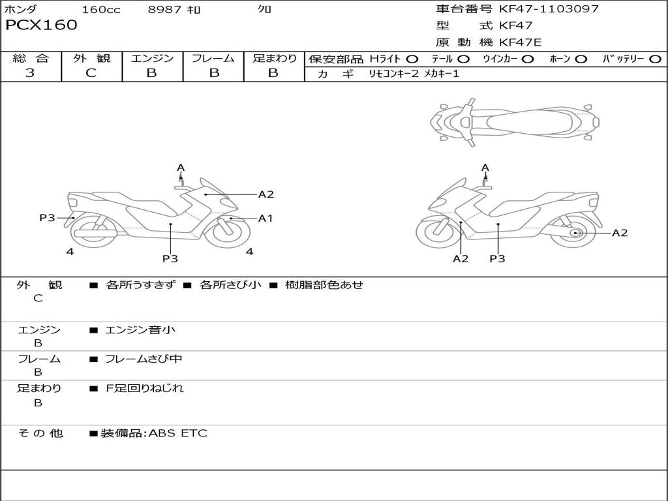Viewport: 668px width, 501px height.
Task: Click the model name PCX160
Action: point(41,25)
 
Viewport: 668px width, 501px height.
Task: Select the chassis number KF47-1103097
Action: point(549,9)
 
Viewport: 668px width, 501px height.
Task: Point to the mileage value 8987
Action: point(164,10)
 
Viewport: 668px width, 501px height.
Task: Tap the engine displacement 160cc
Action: point(100,10)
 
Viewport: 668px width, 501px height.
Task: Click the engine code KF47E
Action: point(520,42)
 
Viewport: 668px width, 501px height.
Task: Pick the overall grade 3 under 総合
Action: point(30,73)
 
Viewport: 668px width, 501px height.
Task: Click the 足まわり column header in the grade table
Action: point(274,59)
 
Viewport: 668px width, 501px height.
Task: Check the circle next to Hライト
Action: point(412,59)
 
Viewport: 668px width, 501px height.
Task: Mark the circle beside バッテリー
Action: point(655,59)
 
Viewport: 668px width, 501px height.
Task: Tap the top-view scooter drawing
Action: point(514,121)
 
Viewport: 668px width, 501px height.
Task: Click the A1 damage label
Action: point(266,219)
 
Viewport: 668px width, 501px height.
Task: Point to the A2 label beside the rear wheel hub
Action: point(619,233)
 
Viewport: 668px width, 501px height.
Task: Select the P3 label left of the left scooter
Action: point(47,218)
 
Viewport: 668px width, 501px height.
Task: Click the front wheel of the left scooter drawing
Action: point(227,231)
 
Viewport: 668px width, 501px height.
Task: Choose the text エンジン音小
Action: point(140,330)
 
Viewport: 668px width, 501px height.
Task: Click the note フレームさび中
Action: point(144,359)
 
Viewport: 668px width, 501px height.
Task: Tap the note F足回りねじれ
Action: point(145,388)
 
